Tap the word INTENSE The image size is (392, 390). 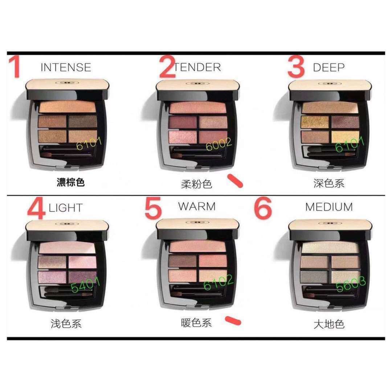(66, 67)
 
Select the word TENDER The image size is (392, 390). (198, 67)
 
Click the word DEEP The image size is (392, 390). (328, 67)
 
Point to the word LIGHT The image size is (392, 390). (66, 208)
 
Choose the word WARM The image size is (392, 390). (197, 206)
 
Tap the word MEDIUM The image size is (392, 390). (329, 207)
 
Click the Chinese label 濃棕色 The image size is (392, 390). (71, 182)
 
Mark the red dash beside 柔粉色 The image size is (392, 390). (235, 181)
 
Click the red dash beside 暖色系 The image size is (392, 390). (233, 320)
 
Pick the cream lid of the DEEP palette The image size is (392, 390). (330, 85)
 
